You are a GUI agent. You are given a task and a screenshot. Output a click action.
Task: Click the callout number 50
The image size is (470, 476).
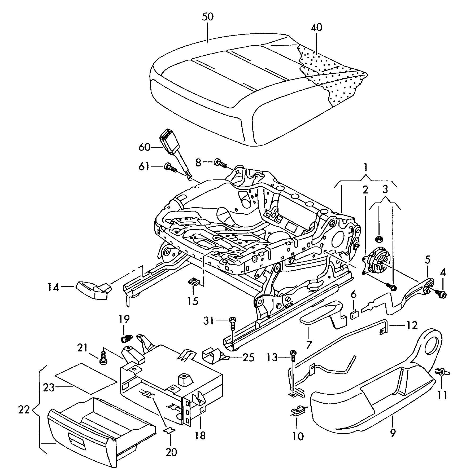pos(207,17)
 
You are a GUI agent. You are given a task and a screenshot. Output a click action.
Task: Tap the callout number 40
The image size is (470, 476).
pos(317,27)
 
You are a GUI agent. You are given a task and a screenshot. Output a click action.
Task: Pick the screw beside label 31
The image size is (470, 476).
pos(232,323)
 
